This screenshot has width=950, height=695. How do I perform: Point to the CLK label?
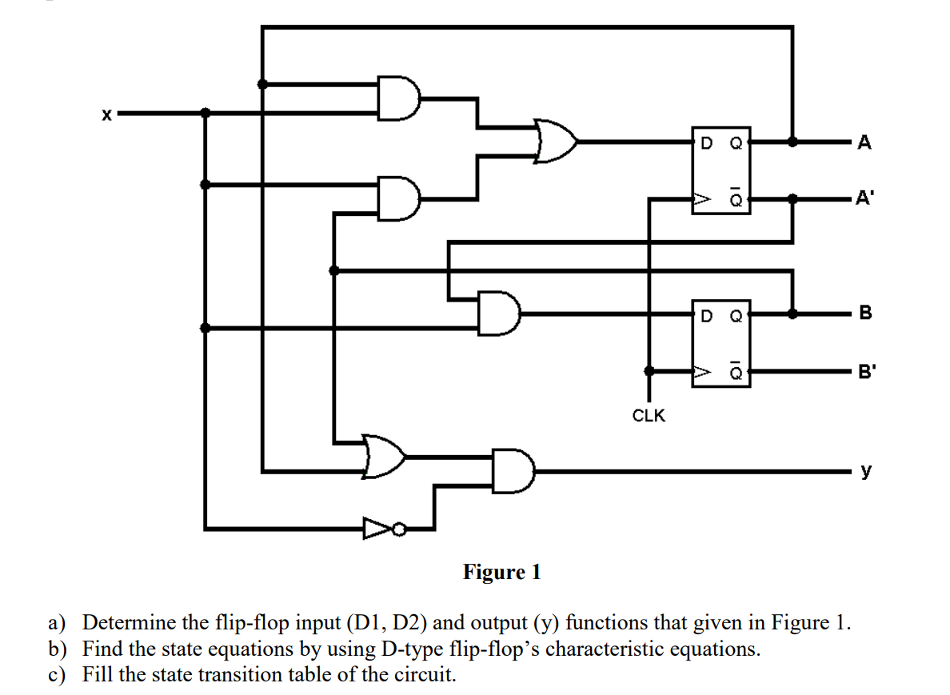[x=649, y=416]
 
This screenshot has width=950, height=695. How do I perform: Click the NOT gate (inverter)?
[x=377, y=528]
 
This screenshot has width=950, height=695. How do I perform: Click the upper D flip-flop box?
[x=721, y=170]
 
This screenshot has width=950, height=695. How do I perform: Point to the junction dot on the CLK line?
[x=649, y=371]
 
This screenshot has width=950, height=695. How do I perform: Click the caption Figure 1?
[x=502, y=572]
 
